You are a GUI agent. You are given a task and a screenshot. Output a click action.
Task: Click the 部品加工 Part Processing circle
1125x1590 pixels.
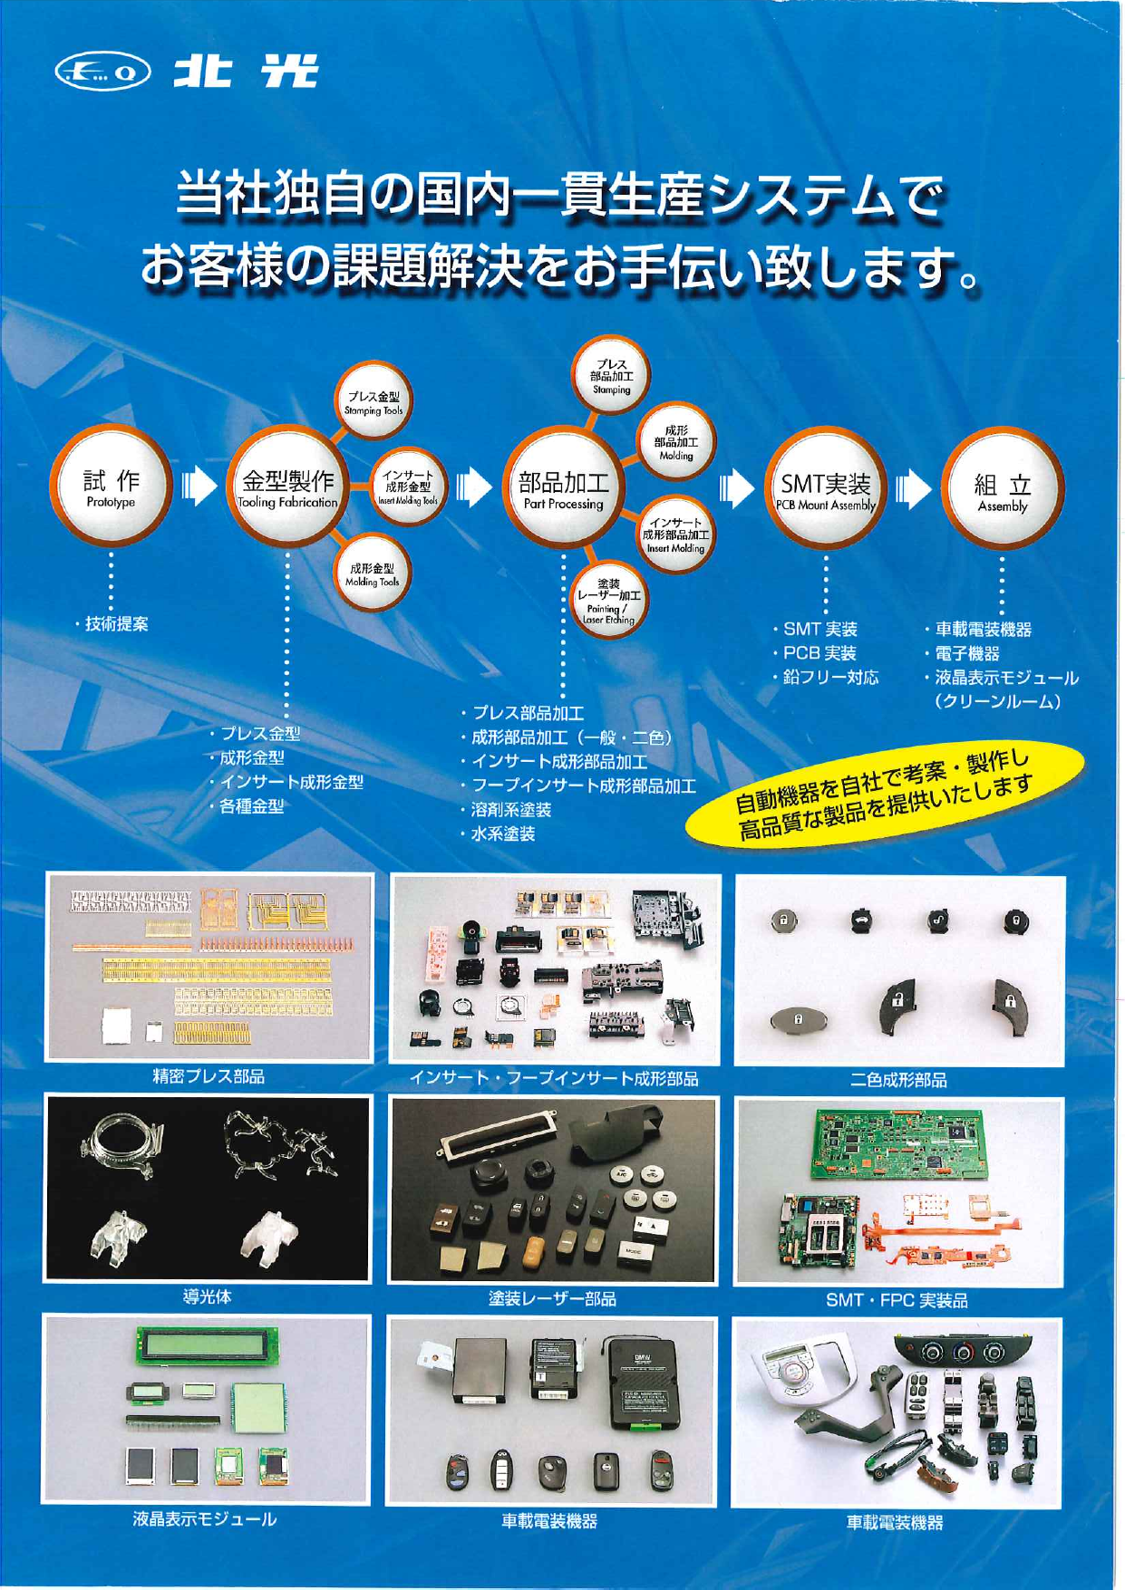pos(563,489)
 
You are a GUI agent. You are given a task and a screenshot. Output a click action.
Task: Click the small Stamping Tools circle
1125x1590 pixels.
pos(373,403)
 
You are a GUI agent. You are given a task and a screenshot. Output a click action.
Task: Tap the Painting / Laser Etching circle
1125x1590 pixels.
pos(608,601)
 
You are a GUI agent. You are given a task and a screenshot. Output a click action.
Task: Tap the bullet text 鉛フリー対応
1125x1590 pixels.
pos(830,678)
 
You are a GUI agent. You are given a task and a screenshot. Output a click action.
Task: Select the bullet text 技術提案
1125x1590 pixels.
pos(116,624)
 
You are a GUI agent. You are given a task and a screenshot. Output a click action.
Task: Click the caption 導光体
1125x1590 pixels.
pos(207,1296)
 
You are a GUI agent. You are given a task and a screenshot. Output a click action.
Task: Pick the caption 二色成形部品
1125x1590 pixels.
pos(898,1080)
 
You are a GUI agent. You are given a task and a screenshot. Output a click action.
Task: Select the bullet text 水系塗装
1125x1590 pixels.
pos(502,834)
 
